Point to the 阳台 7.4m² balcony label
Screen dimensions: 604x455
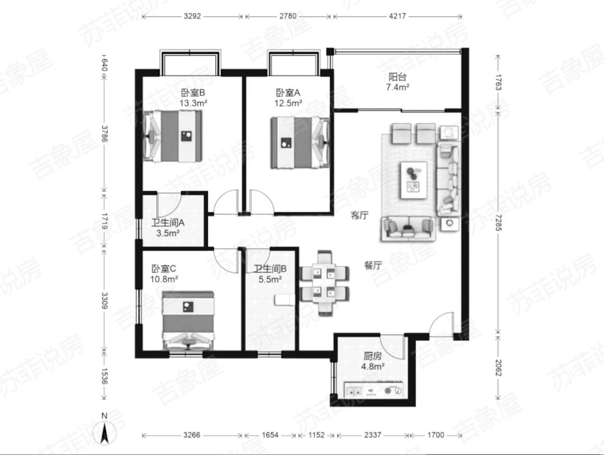(x=398, y=82)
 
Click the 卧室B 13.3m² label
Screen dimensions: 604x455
(x=194, y=97)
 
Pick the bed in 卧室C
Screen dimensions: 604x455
(x=188, y=320)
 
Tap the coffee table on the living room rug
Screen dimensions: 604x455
(x=414, y=180)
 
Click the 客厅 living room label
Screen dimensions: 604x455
(x=360, y=215)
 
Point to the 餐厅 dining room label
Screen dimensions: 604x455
(x=373, y=265)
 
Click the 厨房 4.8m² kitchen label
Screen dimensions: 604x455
(x=372, y=361)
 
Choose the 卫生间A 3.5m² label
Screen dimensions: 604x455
(x=168, y=227)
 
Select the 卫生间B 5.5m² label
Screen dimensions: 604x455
(x=270, y=274)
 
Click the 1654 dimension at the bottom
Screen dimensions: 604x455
(x=270, y=435)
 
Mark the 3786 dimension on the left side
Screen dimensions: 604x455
(x=105, y=133)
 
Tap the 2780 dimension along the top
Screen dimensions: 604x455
(x=288, y=16)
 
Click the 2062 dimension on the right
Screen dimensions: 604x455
(x=498, y=368)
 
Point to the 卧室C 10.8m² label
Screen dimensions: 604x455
(x=164, y=274)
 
